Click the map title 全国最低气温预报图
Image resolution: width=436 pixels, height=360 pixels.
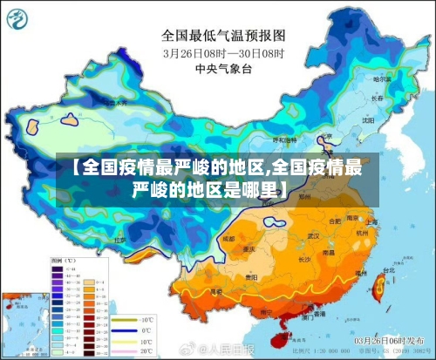click(223, 36)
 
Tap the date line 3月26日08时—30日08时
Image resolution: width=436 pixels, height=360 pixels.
click(223, 52)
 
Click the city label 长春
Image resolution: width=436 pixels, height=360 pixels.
click(375, 98)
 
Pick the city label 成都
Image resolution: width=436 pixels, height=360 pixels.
click(228, 238)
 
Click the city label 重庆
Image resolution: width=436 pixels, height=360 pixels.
click(249, 248)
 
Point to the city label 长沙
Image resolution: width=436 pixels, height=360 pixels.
click(305, 259)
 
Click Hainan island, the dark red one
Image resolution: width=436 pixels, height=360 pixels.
click(281, 329)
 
